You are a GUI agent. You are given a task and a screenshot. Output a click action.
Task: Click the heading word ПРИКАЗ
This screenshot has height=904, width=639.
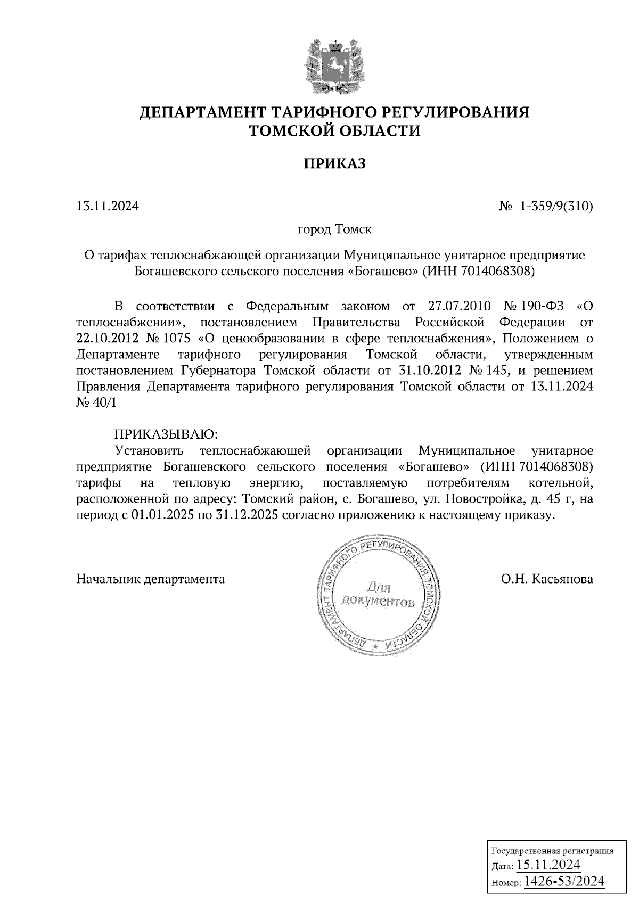(x=335, y=163)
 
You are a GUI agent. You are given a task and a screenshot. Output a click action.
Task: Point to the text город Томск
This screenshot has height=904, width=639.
(x=334, y=230)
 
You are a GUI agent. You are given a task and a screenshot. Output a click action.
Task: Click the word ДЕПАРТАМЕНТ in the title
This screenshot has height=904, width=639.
(x=204, y=112)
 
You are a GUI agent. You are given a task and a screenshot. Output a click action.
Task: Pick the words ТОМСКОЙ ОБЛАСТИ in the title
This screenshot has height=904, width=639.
(x=335, y=130)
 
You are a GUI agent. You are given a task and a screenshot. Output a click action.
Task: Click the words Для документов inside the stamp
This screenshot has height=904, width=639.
(x=378, y=595)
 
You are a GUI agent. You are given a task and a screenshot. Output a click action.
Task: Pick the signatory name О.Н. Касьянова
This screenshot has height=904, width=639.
(x=546, y=579)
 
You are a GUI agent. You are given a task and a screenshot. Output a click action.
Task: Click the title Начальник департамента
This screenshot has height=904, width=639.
(x=151, y=579)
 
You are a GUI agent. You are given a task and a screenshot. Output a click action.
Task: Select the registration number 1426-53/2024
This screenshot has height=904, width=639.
(x=564, y=881)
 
